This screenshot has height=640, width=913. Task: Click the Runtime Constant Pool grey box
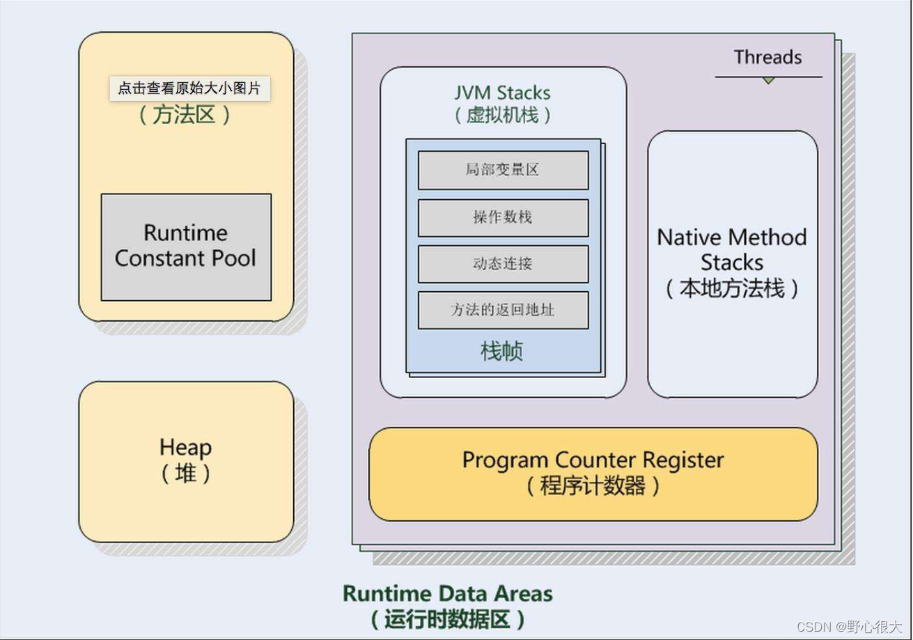coord(186,247)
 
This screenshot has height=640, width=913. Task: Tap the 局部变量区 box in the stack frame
coord(503,170)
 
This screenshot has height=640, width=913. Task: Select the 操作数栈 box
coord(503,217)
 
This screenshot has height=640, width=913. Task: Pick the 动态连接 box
coord(503,263)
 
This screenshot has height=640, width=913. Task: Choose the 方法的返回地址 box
coord(503,310)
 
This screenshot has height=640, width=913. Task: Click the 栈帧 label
coord(502,351)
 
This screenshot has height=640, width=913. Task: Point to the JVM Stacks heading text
coord(503,93)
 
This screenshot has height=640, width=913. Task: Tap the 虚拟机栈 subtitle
coord(503,115)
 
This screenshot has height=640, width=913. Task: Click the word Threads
coord(767,57)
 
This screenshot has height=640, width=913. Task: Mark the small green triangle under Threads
coord(768,81)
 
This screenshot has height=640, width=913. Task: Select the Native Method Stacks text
coord(732,250)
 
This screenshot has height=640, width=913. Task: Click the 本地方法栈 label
coord(732,288)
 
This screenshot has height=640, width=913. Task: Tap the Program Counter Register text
coord(593,460)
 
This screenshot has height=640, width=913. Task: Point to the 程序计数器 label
coord(593,485)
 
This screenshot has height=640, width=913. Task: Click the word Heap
coord(185,447)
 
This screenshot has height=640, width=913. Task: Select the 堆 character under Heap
coord(185,474)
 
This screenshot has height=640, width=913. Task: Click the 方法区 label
coord(185,115)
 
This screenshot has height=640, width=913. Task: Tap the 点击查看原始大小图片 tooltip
coord(189,88)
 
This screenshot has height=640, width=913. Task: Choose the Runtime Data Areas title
coord(448,593)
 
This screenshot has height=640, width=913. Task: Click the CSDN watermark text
coord(848,627)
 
